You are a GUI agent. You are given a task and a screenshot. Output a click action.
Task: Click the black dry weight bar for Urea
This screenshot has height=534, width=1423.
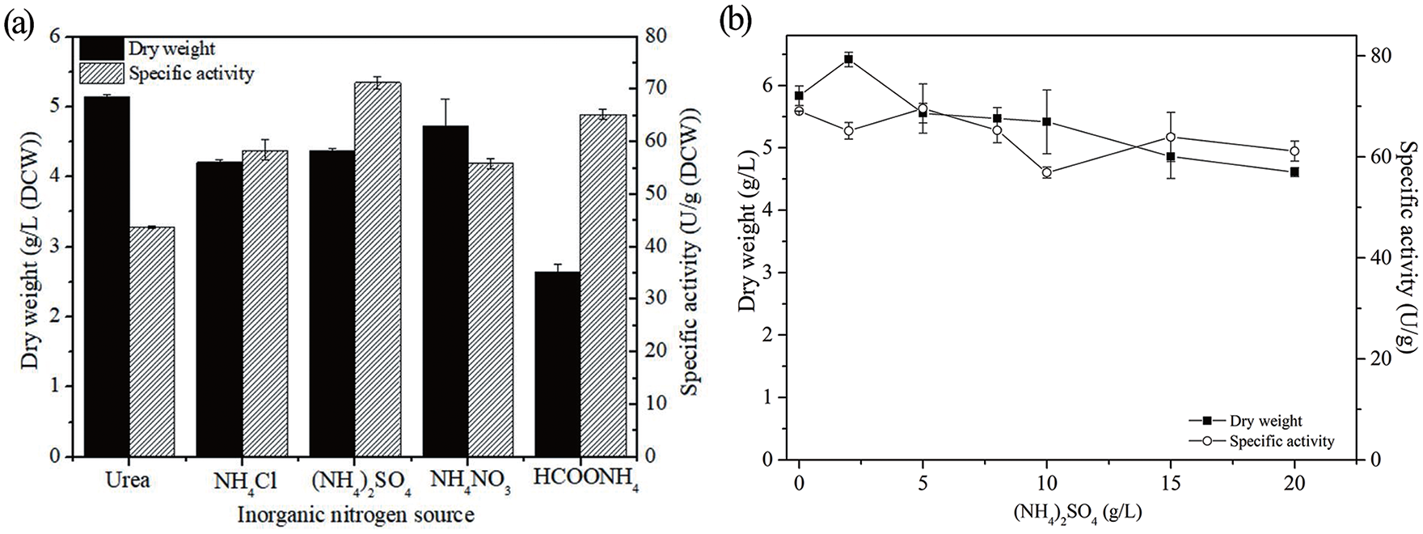coord(107,277)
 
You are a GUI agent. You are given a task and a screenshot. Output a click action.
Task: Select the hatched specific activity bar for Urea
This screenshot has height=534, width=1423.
coord(152,342)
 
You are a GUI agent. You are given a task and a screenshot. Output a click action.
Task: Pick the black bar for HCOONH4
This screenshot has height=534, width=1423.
coord(558,364)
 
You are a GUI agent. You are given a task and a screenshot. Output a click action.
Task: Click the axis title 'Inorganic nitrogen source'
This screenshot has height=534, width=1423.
coord(356,515)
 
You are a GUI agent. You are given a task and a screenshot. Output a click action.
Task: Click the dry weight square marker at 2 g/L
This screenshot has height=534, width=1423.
coord(849,59)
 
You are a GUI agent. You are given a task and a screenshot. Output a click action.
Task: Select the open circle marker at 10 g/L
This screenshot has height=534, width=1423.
coord(1046,172)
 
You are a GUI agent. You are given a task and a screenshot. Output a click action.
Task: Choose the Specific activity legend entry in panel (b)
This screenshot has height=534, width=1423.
coord(1262,442)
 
